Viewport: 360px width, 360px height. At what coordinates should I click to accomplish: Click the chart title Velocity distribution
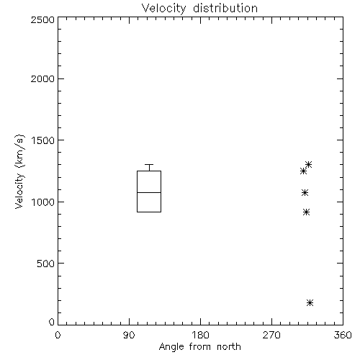pyautogui.click(x=199, y=9)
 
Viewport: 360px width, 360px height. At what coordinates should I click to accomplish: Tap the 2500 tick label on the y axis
pyautogui.click(x=42, y=19)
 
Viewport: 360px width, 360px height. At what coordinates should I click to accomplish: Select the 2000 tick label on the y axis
pyautogui.click(x=42, y=78)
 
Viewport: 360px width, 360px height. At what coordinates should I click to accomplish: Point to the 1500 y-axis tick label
pyautogui.click(x=43, y=140)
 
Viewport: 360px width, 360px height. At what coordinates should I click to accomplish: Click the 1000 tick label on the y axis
pyautogui.click(x=43, y=202)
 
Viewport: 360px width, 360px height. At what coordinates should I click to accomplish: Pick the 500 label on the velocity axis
pyautogui.click(x=46, y=264)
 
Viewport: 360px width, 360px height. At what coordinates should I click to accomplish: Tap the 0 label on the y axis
pyautogui.click(x=52, y=322)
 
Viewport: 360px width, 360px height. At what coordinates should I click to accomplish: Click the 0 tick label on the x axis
pyautogui.click(x=58, y=335)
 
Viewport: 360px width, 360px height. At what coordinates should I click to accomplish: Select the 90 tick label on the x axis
pyautogui.click(x=129, y=335)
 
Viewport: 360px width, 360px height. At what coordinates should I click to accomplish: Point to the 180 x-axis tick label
pyautogui.click(x=200, y=335)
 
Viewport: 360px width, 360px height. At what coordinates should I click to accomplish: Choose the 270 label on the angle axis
pyautogui.click(x=271, y=335)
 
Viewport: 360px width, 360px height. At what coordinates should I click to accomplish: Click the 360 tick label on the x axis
pyautogui.click(x=343, y=335)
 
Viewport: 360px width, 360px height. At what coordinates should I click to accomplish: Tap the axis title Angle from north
pyautogui.click(x=200, y=347)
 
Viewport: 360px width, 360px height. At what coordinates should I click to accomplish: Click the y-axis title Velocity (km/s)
pyautogui.click(x=19, y=171)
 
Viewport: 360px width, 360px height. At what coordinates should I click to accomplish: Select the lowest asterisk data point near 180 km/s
pyautogui.click(x=310, y=302)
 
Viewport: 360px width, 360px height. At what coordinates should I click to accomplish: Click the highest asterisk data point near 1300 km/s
pyautogui.click(x=308, y=165)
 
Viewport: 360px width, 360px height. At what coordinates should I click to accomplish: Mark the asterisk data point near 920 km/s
pyautogui.click(x=306, y=212)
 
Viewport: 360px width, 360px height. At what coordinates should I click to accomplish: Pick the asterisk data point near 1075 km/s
pyautogui.click(x=305, y=192)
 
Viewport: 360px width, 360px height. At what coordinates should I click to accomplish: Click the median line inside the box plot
pyautogui.click(x=149, y=192)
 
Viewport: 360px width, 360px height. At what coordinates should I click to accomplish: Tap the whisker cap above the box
pyautogui.click(x=149, y=164)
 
